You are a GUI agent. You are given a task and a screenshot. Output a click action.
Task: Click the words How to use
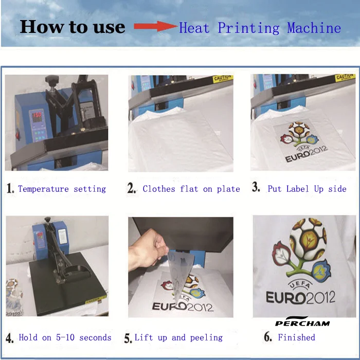[72, 27]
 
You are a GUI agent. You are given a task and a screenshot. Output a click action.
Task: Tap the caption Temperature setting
[62, 189]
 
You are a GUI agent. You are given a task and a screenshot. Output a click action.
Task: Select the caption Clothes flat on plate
[191, 189]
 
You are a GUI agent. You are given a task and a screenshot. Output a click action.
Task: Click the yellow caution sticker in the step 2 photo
[222, 79]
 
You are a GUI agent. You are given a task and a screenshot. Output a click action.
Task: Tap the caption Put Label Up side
[307, 189]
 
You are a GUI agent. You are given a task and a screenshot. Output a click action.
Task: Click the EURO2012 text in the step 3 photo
[306, 157]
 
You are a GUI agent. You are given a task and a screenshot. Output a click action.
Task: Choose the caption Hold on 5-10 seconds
[65, 337]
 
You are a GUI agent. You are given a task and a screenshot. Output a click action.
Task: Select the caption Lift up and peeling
[178, 337]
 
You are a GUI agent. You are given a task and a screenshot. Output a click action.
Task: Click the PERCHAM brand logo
[302, 322]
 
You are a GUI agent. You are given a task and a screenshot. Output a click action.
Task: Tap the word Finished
[296, 337]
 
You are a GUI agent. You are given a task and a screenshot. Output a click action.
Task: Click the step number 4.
[10, 338]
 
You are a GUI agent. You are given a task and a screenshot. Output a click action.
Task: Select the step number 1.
[10, 189]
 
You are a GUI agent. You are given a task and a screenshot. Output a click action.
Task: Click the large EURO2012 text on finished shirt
[300, 297]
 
